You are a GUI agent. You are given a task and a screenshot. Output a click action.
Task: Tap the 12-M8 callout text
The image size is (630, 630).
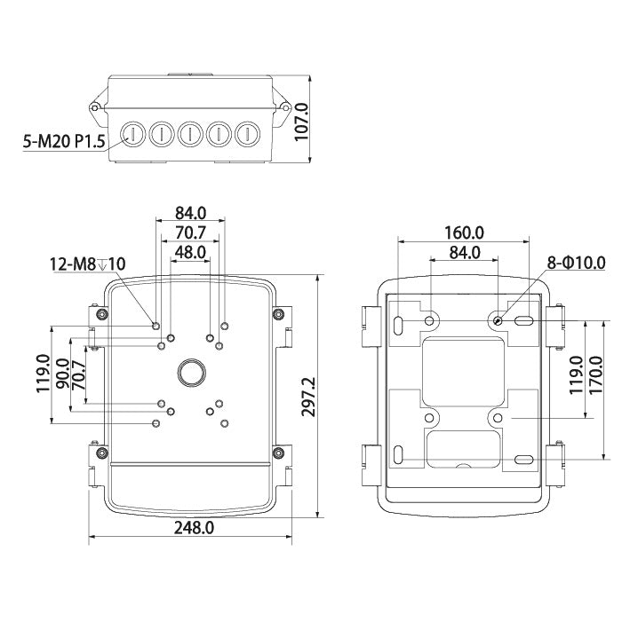click(86, 264)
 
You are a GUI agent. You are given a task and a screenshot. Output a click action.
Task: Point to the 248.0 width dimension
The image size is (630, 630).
click(195, 527)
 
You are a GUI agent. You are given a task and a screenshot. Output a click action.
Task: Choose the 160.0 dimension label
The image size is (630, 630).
click(464, 232)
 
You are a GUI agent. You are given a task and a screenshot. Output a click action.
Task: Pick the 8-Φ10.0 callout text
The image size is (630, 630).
click(577, 263)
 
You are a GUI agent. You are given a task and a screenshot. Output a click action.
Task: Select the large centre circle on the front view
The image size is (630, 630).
click(190, 372)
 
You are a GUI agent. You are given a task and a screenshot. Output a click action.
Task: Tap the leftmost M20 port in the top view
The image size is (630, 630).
click(132, 134)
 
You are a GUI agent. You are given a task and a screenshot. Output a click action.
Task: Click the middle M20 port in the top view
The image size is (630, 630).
click(189, 134)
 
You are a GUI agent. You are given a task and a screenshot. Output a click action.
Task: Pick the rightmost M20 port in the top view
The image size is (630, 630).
click(246, 134)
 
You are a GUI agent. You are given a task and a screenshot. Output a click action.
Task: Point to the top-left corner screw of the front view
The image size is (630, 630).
click(102, 314)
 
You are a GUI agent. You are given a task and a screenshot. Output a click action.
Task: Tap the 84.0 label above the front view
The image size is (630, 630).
click(190, 213)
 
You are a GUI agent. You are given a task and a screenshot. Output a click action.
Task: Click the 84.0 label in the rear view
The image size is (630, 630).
click(464, 253)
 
